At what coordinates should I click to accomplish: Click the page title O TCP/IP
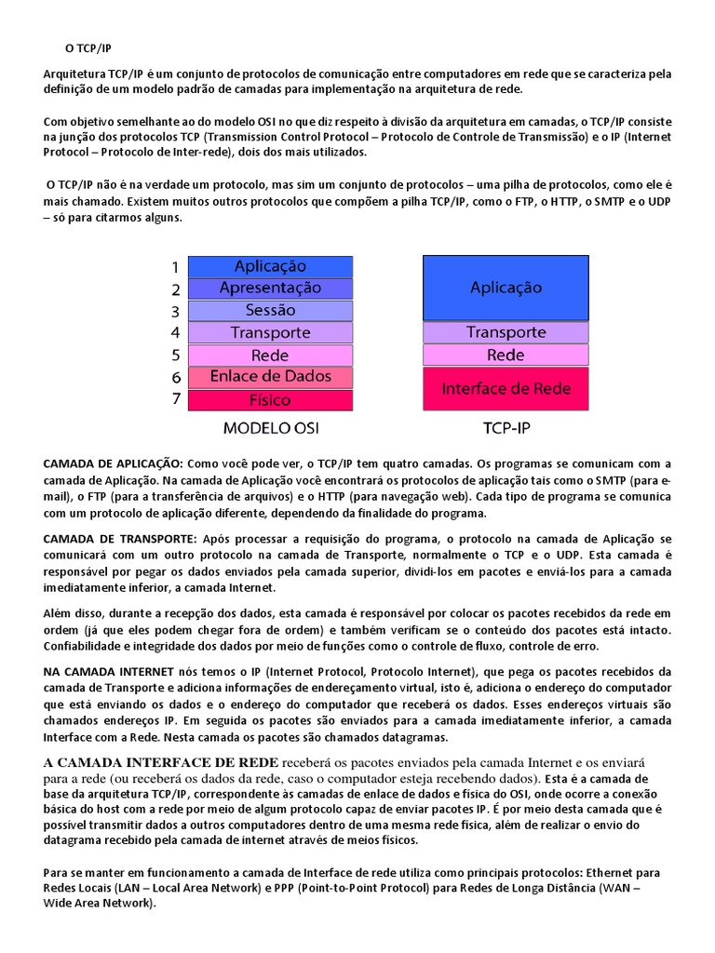(x=88, y=47)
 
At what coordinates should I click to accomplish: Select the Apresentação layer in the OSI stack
(x=270, y=289)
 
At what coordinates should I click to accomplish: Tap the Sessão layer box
(x=270, y=311)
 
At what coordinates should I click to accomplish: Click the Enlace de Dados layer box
(x=270, y=377)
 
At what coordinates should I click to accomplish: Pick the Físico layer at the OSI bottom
(x=270, y=400)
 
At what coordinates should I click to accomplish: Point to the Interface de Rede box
(x=506, y=388)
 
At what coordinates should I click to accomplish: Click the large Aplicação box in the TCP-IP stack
(x=506, y=288)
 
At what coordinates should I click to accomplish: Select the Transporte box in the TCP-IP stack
(x=506, y=332)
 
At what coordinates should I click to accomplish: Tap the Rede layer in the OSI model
(x=270, y=355)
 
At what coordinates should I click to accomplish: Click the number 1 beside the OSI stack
(x=174, y=267)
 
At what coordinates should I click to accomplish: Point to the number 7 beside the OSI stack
(x=174, y=400)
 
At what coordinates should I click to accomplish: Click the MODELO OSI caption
(x=270, y=429)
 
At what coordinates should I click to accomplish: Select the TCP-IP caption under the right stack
(x=506, y=429)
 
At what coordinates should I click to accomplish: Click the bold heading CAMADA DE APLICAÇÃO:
(x=115, y=463)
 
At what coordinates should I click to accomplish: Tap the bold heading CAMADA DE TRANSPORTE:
(x=120, y=539)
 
